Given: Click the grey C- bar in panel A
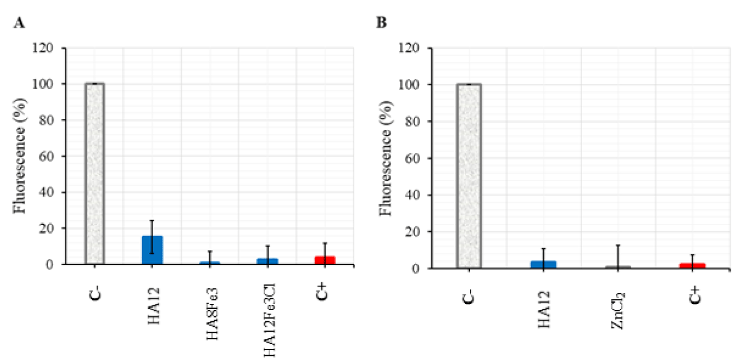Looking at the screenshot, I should [x=94, y=173].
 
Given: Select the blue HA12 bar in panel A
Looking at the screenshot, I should [x=152, y=250].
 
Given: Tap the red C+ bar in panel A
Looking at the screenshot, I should [x=325, y=260].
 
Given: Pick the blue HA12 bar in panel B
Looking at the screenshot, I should [x=543, y=264].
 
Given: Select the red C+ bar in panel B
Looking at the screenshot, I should [x=691, y=266].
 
